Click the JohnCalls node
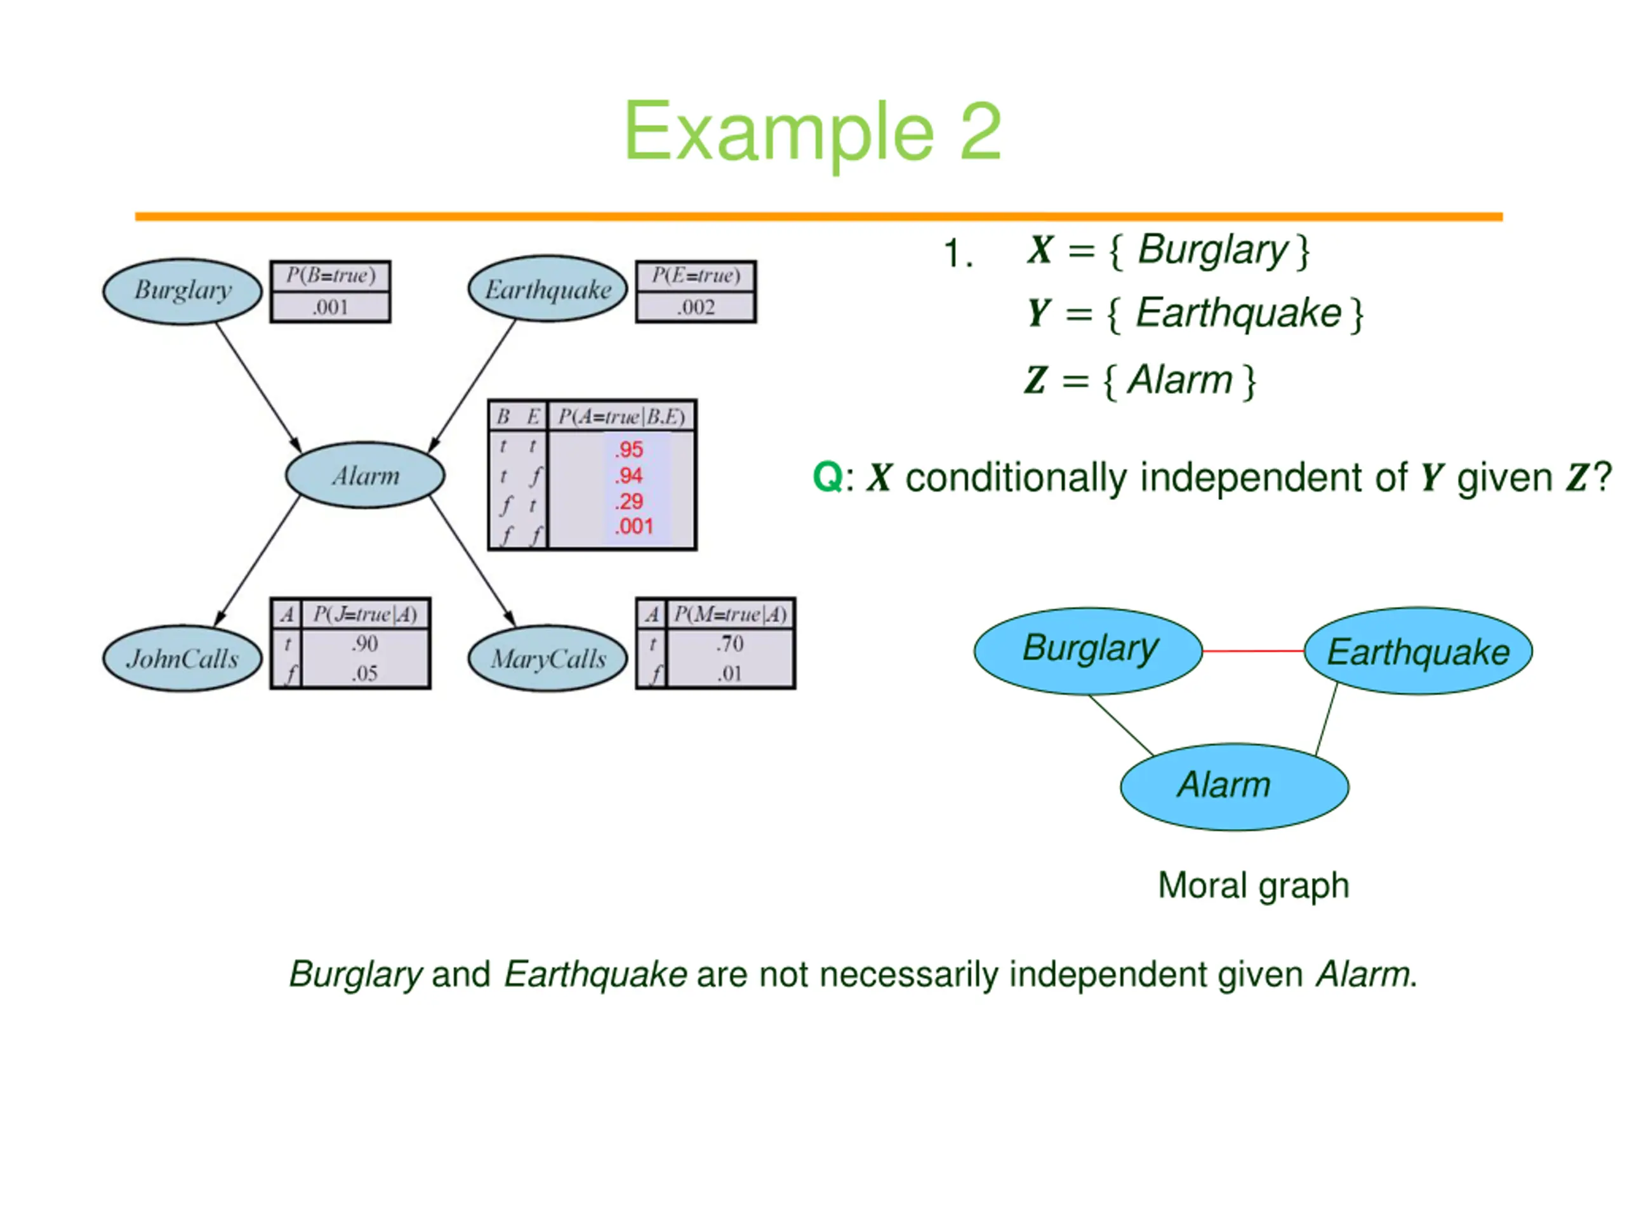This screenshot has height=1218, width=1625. [182, 658]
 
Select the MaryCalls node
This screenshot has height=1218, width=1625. [548, 658]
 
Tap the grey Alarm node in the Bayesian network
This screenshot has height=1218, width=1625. [365, 475]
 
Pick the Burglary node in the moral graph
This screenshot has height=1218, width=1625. [1088, 650]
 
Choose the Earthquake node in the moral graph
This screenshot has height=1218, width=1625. [1418, 650]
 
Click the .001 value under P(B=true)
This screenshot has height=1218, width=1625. [330, 307]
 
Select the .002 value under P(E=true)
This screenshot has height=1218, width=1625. [696, 307]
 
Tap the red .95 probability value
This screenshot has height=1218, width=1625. [629, 449]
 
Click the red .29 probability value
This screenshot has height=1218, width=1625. [629, 501]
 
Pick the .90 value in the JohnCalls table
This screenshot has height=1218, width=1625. [364, 644]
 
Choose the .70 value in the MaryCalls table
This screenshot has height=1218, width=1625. [729, 644]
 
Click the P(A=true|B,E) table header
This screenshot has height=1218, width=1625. [621, 417]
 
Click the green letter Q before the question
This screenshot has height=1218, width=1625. [827, 478]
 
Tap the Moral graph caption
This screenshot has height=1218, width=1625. [1253, 886]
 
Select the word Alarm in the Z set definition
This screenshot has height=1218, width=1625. [1179, 380]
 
